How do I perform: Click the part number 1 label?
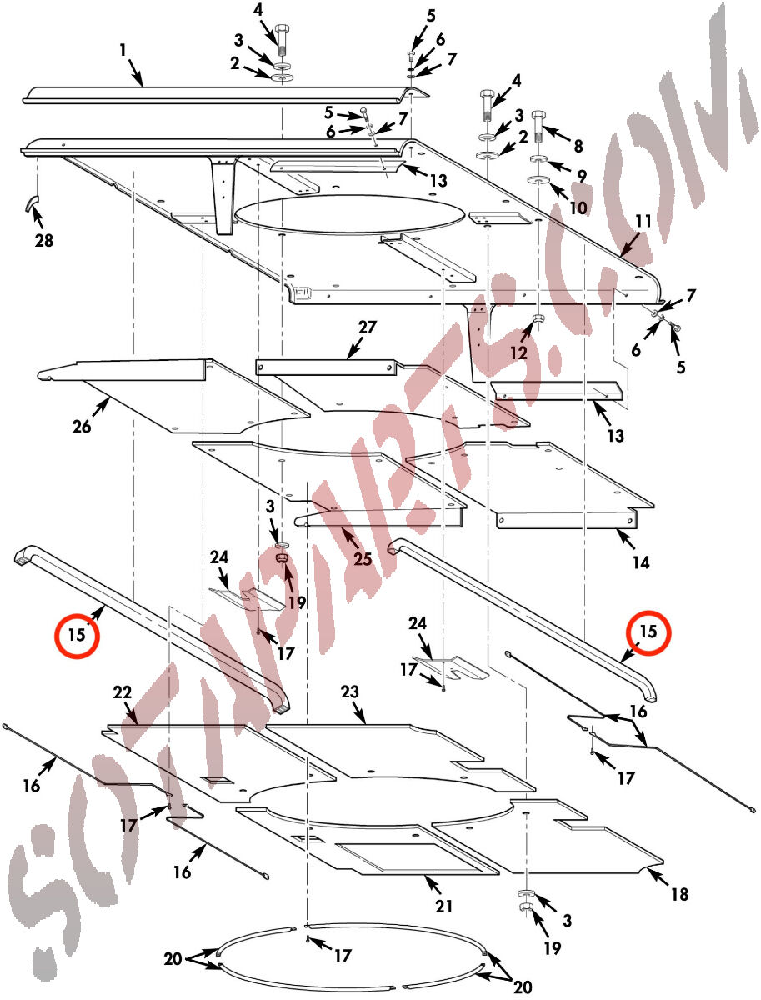pos(123,50)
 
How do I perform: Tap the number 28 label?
pos(43,240)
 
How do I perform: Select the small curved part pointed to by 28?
pos(31,203)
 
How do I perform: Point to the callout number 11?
pos(643,222)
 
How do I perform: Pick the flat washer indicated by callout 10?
pos(538,181)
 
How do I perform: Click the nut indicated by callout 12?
pos(538,318)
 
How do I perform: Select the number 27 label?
pos(368,327)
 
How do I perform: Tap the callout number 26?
pos(82,427)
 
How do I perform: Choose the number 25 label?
pos(363,559)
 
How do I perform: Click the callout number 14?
pos(641,562)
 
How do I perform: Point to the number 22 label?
pos(123,692)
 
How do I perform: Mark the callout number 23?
pos(349,692)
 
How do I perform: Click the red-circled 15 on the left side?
pos(77,634)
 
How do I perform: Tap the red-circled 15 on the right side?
pos(648,632)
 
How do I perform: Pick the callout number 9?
pos(582,176)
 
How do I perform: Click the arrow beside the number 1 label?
pos(136,72)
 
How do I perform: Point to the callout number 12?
pos(518,352)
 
